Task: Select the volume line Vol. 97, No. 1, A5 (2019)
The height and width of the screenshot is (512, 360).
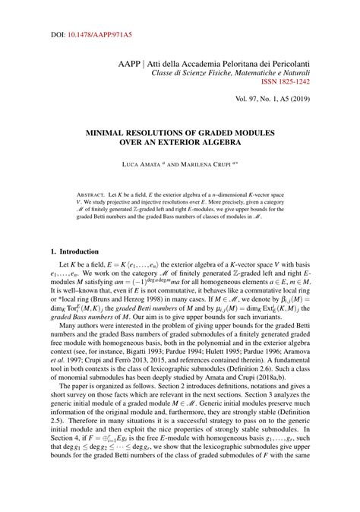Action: pos(285,99)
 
